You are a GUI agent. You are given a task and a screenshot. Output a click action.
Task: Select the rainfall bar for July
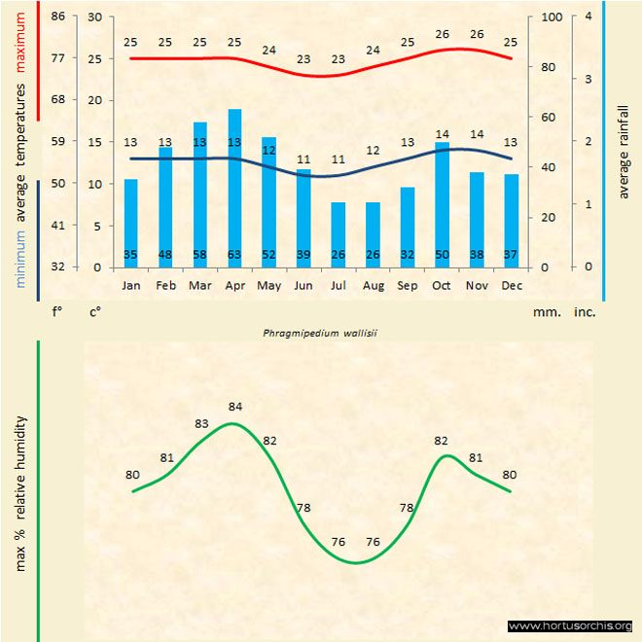coord(338,234)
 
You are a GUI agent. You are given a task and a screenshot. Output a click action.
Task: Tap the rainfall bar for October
coord(442,204)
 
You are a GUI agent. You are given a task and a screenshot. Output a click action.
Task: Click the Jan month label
coord(131,286)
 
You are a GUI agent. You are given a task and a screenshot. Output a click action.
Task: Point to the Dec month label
coord(511,286)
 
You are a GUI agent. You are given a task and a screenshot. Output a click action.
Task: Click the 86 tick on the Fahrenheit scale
coord(58,17)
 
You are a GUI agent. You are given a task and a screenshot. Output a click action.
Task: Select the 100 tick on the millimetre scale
coord(552,17)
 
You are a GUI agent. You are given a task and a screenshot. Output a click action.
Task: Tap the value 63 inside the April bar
coord(234,255)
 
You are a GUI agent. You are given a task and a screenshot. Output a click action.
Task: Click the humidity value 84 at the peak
coord(234,406)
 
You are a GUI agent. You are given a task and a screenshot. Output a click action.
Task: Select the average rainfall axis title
coord(624,146)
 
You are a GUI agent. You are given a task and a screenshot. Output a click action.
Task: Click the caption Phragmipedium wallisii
coord(320,332)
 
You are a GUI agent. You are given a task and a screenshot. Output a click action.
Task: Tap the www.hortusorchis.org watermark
coord(570,625)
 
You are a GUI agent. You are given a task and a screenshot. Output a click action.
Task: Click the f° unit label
coord(57,312)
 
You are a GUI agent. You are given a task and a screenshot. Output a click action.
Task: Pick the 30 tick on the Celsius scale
coord(94,17)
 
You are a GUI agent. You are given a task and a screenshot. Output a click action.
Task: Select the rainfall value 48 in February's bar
coord(165,255)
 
